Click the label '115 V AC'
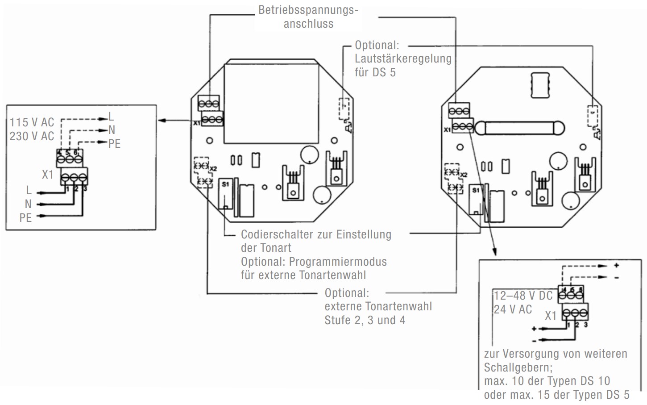pyautogui.click(x=32, y=122)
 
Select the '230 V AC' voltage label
pyautogui.click(x=32, y=136)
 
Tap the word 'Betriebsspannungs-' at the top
pyautogui.click(x=308, y=10)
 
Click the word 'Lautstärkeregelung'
pyautogui.click(x=403, y=58)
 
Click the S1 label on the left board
pyautogui.click(x=225, y=184)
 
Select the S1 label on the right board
pyautogui.click(x=476, y=190)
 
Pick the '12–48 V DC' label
pyautogui.click(x=523, y=296)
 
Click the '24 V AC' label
pyautogui.click(x=513, y=309)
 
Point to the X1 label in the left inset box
pyautogui.click(x=47, y=175)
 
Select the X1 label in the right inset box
pyautogui.click(x=551, y=316)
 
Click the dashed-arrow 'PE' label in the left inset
pyautogui.click(x=114, y=144)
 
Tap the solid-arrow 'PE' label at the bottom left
pyautogui.click(x=25, y=218)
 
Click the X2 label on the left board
pyautogui.click(x=213, y=169)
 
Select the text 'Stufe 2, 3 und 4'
pyautogui.click(x=365, y=320)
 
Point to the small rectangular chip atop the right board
pyautogui.click(x=540, y=84)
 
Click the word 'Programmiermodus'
pyautogui.click(x=338, y=262)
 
